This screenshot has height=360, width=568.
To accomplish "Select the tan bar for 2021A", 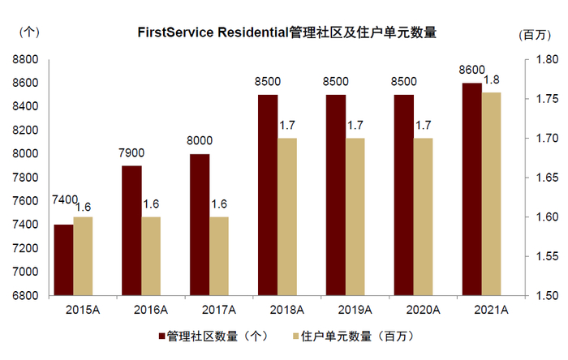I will coord(491,194).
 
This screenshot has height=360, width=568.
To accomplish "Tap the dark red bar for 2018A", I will coord(267,195).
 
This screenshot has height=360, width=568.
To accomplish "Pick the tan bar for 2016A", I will coord(151,255).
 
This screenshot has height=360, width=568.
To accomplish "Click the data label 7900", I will coord(131,152).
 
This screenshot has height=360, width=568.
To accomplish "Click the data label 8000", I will coord(200,140).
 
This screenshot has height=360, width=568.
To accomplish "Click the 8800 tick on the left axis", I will coord(27,59).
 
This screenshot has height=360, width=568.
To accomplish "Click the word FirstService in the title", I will coord(175,33).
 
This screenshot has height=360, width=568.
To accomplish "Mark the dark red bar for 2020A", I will coord(403,195).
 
